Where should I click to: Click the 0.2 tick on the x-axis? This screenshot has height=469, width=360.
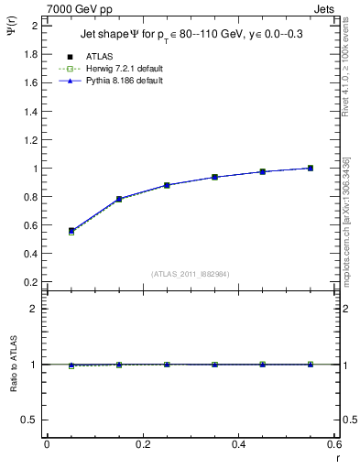point(142,444)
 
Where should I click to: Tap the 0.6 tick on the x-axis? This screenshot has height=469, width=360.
point(334,444)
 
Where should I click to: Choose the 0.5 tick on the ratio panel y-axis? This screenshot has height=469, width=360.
point(31,420)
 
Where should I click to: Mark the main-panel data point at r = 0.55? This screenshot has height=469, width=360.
point(311,168)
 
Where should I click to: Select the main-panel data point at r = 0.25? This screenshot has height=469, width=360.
point(167,185)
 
